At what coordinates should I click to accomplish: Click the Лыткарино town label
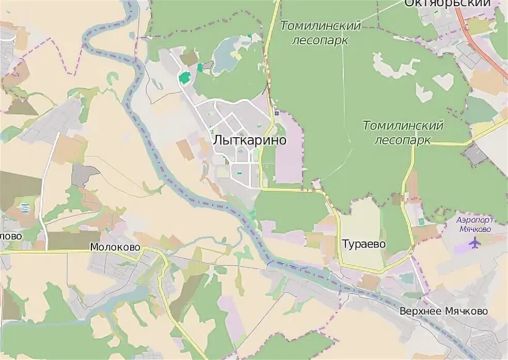pyautogui.click(x=249, y=140)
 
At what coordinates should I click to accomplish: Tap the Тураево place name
pyautogui.click(x=363, y=244)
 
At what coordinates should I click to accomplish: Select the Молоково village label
pyautogui.click(x=115, y=247)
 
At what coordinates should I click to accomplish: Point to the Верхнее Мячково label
pyautogui.click(x=443, y=311)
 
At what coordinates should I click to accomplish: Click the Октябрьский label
pyautogui.click(x=447, y=4)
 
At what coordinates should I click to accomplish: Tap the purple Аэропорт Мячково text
pyautogui.click(x=474, y=224)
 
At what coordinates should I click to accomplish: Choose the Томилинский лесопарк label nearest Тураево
pyautogui.click(x=403, y=133)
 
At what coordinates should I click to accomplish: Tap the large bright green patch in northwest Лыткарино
pyautogui.click(x=184, y=78)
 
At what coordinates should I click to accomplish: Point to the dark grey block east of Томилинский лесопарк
pyautogui.click(x=475, y=154)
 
